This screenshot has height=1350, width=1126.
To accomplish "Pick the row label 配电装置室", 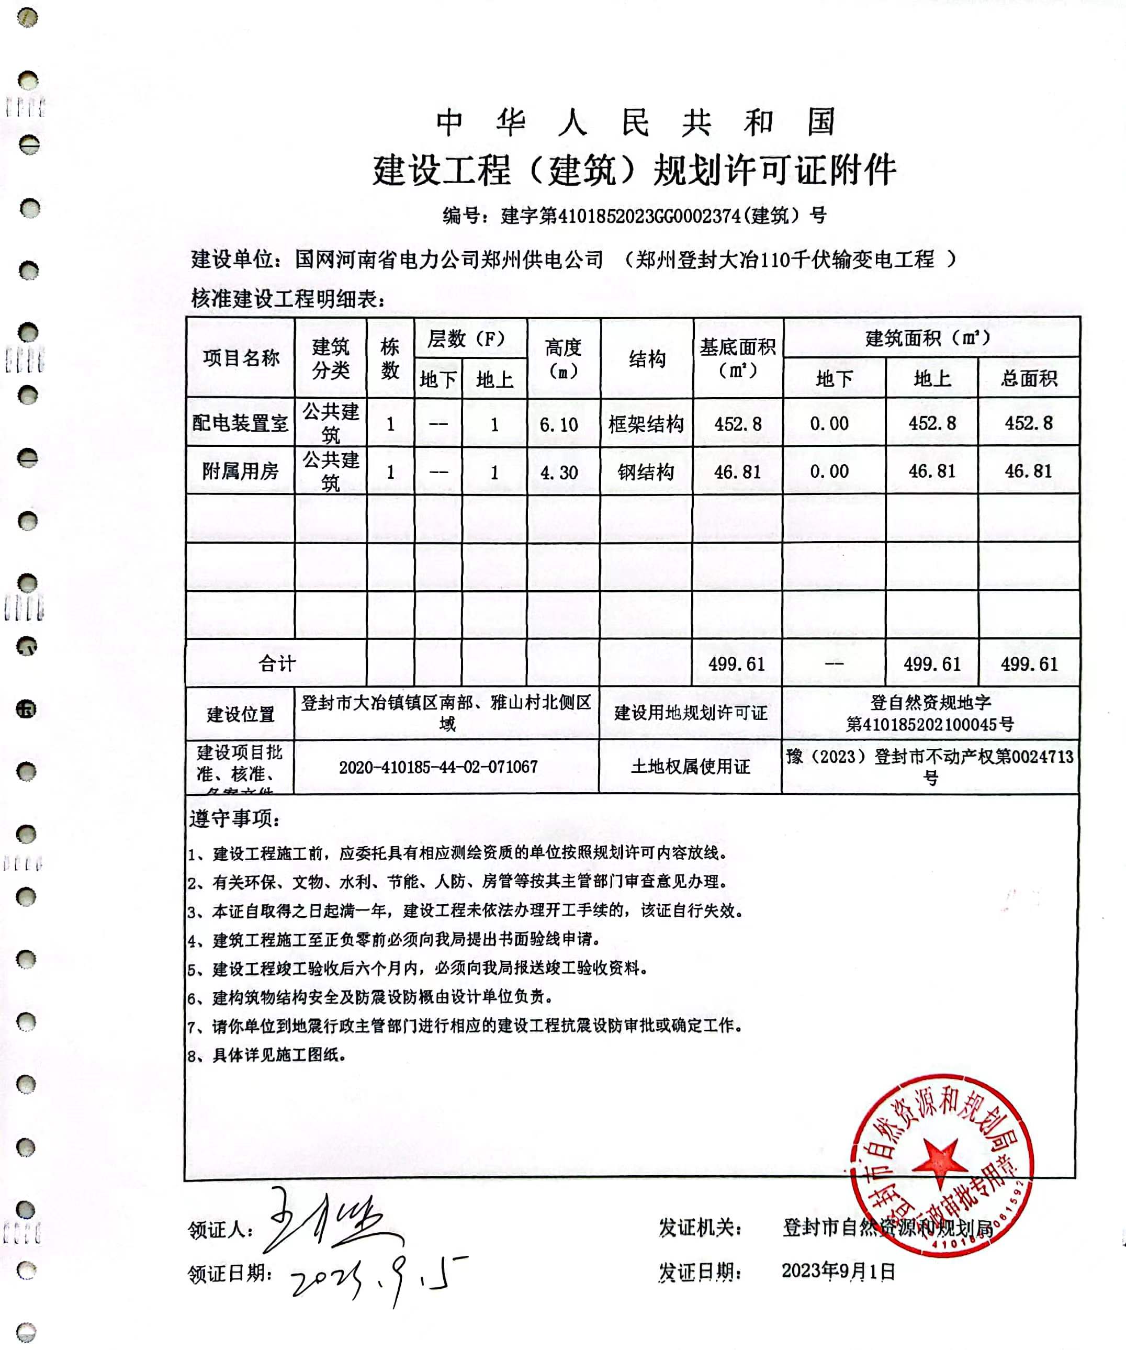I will click(x=240, y=423).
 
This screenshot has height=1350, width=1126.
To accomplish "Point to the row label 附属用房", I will click(x=240, y=471).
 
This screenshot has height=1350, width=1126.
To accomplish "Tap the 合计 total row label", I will click(x=276, y=663).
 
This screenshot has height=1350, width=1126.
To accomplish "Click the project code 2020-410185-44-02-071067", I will click(x=438, y=767).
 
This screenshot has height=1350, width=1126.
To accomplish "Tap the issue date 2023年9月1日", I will click(x=838, y=1271).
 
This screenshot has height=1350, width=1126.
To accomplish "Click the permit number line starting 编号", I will click(x=634, y=216).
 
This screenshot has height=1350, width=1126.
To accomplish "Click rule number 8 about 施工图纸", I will click(x=267, y=1055).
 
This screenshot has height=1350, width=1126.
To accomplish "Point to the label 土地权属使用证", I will click(x=690, y=766).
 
